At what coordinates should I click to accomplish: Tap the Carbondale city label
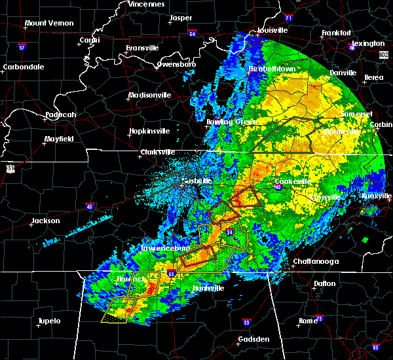click(23, 67)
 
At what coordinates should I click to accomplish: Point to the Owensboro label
click(177, 64)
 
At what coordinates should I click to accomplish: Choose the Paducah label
click(60, 115)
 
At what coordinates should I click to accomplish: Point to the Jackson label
click(46, 221)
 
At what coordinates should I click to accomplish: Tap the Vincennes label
click(146, 4)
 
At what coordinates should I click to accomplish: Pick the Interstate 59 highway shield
click(246, 322)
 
